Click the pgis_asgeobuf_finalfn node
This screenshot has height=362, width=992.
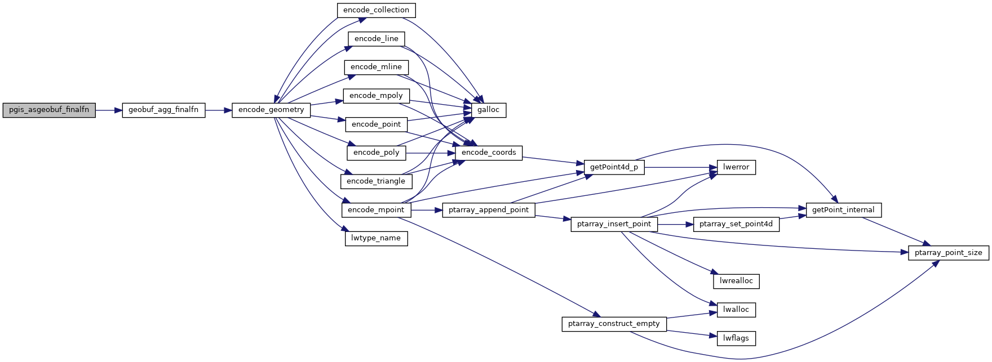(x=49, y=110)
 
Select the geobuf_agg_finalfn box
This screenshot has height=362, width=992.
(x=163, y=110)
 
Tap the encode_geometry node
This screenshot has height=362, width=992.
(x=271, y=110)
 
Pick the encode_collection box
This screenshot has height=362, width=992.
(x=376, y=10)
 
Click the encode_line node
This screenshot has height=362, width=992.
(x=376, y=39)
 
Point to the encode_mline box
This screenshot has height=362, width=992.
(x=376, y=67)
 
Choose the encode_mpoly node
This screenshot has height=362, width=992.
(x=376, y=96)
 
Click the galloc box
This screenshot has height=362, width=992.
(x=488, y=110)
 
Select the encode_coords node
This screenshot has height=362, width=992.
(x=489, y=153)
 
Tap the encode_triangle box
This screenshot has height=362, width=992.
(x=376, y=181)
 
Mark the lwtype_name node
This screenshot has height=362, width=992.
(x=376, y=238)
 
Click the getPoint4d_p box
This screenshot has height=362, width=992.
(x=614, y=167)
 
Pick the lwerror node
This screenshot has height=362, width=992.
(x=736, y=167)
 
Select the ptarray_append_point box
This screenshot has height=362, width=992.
(x=489, y=210)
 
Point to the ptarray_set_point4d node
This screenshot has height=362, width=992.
(x=736, y=224)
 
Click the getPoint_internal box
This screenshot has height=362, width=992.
(x=843, y=210)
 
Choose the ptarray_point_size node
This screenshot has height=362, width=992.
(x=948, y=253)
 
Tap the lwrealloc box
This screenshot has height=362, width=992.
(x=736, y=281)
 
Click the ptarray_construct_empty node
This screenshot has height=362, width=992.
(x=614, y=324)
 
